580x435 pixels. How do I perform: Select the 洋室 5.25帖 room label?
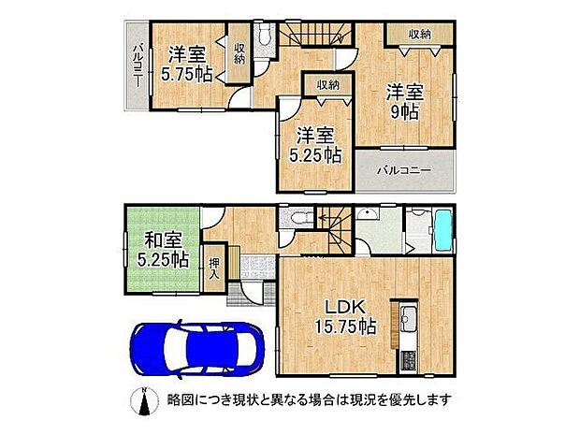(x=313, y=144)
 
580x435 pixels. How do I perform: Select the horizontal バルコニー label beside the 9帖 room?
(x=404, y=171)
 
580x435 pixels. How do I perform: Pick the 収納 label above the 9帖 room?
(x=420, y=34)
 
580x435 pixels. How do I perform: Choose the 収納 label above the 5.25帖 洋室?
(x=327, y=85)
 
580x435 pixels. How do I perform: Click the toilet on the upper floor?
(x=263, y=36)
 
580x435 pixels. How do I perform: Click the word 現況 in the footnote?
(x=344, y=399)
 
